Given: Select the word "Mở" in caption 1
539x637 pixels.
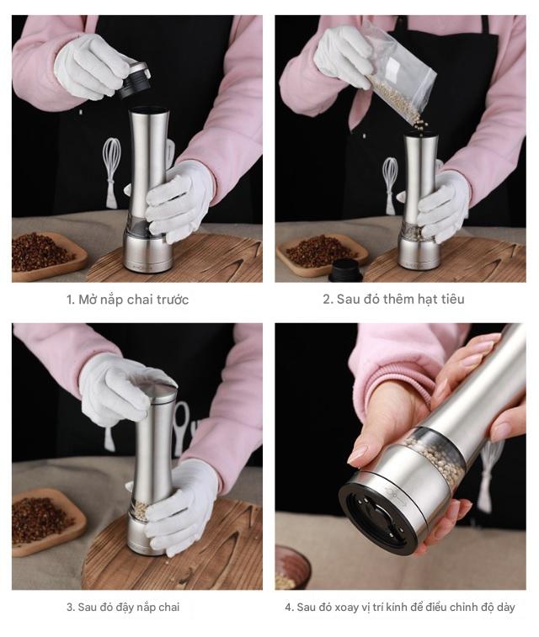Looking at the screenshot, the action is point(87,300).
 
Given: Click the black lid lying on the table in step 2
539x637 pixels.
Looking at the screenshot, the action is point(345,270).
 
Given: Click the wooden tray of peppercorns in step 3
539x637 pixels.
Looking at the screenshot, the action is point(49,522).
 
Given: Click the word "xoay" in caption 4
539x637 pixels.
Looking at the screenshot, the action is point(346,608).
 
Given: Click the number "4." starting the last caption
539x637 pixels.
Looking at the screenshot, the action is point(290,608).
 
